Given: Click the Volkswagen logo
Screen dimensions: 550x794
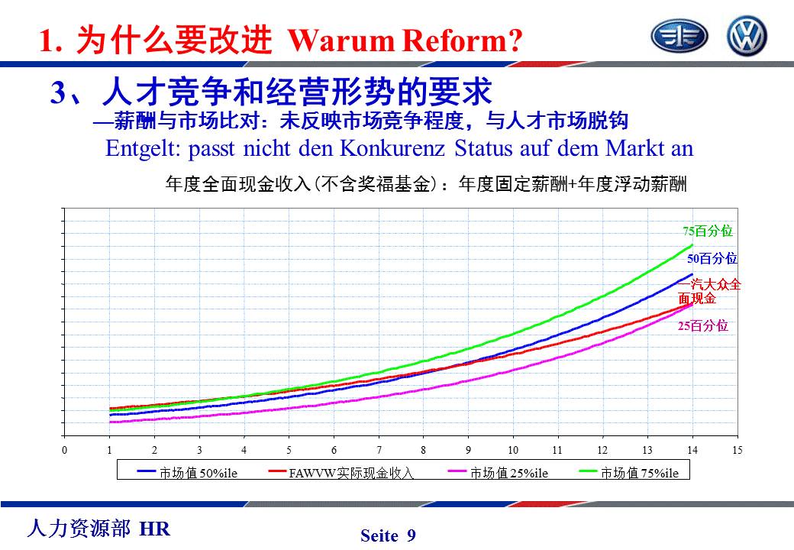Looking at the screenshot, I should click(747, 36).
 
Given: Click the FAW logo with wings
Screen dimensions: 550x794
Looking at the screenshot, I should click(679, 36).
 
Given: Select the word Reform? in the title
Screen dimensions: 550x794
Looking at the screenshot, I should click(465, 40).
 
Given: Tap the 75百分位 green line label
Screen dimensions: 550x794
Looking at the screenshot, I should click(707, 231).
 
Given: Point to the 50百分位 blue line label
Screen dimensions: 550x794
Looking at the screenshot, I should click(712, 258).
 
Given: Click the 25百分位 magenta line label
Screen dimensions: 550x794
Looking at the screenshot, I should click(703, 326).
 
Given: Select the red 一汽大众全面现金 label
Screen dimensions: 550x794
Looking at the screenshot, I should click(709, 291).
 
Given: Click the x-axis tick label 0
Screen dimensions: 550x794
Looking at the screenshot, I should click(65, 451).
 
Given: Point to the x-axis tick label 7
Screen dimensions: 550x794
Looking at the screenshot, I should click(379, 451).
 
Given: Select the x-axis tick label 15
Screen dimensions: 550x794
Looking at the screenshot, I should click(737, 451).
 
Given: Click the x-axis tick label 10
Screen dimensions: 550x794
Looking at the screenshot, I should click(513, 451).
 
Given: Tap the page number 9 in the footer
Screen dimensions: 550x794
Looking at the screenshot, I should click(412, 535).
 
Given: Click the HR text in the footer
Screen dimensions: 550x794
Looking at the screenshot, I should click(156, 529).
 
